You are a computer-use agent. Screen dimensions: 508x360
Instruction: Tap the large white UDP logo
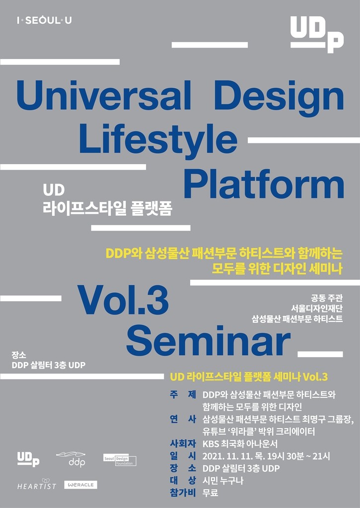(317, 34)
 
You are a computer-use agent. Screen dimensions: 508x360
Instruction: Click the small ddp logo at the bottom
(71, 459)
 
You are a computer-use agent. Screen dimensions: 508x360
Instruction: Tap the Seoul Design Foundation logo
(119, 460)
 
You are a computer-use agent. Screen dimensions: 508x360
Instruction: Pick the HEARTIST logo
(36, 485)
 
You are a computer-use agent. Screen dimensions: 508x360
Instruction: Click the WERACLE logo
(80, 485)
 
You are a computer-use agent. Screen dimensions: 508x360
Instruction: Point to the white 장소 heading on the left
(18, 355)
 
